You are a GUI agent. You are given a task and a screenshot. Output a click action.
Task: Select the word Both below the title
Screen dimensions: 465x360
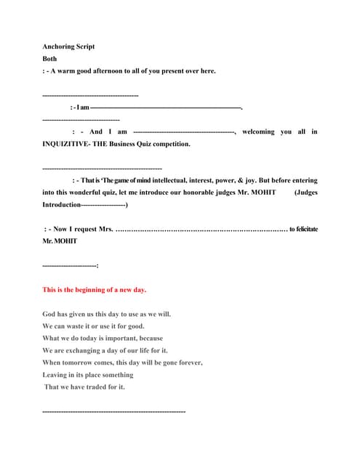coord(49,59)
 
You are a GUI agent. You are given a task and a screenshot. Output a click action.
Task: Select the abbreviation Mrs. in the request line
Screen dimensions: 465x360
coord(102,229)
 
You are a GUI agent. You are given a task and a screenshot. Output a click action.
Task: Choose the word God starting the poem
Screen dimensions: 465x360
coord(49,314)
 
